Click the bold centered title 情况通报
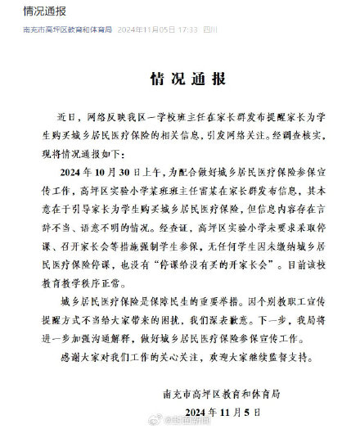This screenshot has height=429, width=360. (x=179, y=79)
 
